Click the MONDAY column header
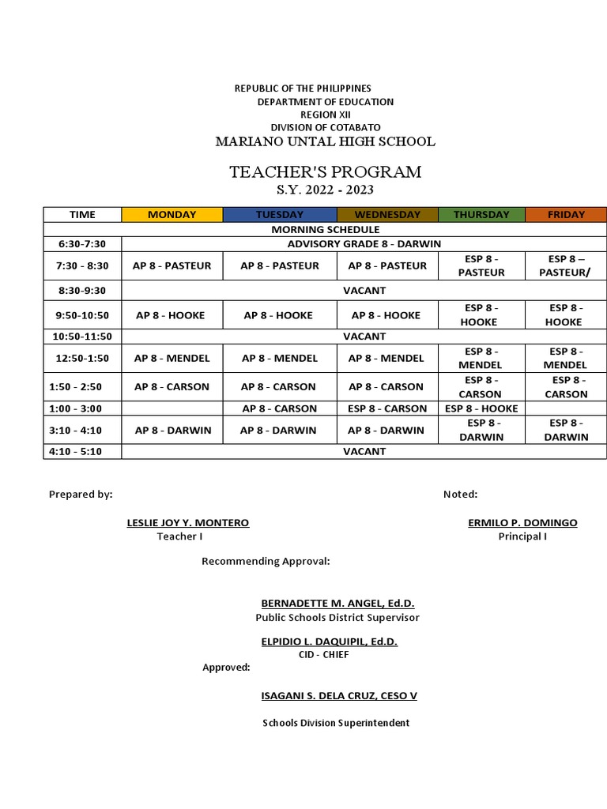[172, 214]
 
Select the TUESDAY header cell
[280, 214]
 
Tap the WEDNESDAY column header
[387, 214]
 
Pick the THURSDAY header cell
[481, 214]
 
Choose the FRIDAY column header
[566, 214]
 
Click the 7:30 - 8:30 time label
[82, 265]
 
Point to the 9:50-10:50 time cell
[82, 315]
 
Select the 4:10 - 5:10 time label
[82, 451]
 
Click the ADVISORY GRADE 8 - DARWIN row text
[364, 243]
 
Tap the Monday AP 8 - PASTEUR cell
[172, 265]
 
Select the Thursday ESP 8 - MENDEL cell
[481, 358]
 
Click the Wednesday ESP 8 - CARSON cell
[387, 408]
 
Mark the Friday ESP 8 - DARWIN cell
[566, 430]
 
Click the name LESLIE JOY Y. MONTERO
[188, 523]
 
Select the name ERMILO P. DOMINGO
[522, 523]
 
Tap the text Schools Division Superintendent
[336, 723]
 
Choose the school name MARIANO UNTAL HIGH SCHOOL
[326, 142]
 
